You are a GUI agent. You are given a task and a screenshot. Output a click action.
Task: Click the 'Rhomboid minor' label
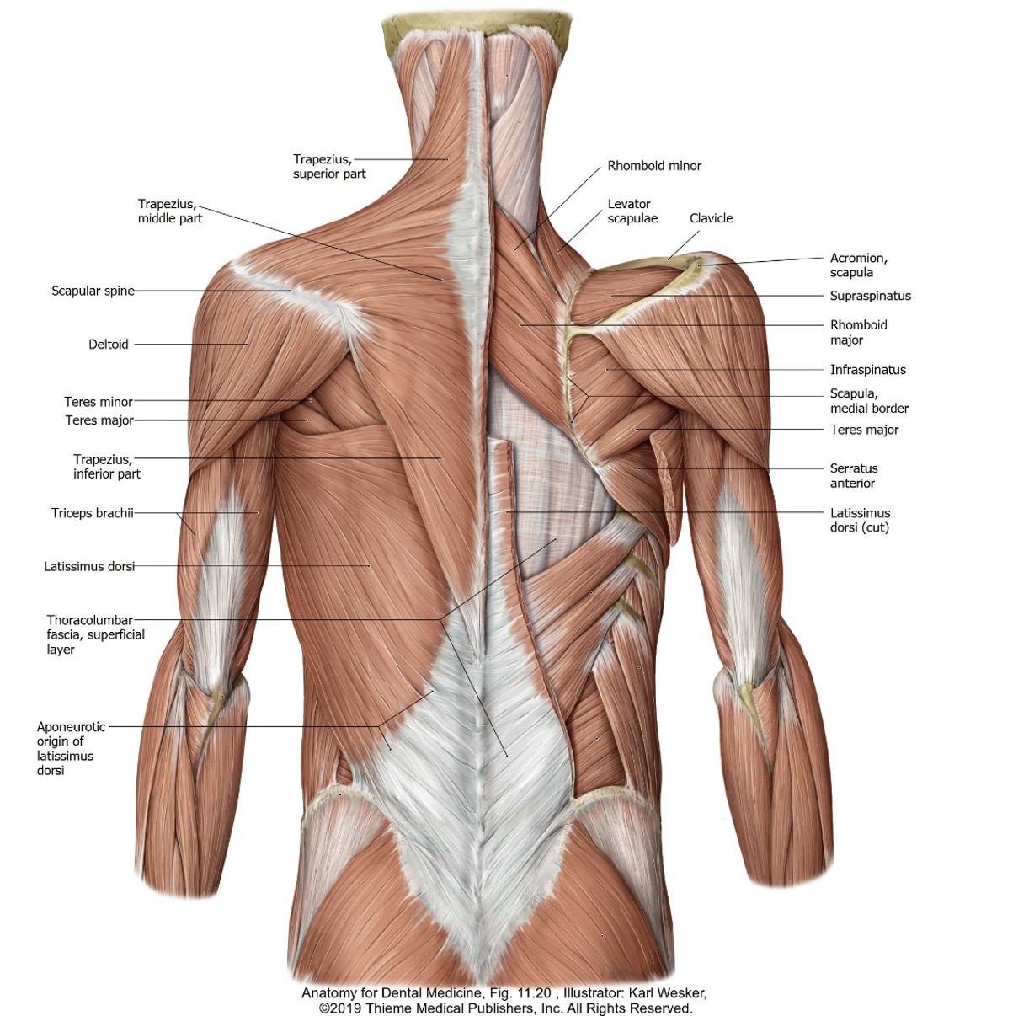(654, 166)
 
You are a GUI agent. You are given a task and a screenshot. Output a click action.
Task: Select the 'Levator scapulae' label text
(632, 211)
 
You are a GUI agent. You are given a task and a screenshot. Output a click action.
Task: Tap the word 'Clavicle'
(711, 218)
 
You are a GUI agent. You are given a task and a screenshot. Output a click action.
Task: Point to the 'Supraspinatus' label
(870, 296)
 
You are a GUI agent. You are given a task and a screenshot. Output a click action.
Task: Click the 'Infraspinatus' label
(867, 369)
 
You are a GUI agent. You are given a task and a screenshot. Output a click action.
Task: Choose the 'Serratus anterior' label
(853, 475)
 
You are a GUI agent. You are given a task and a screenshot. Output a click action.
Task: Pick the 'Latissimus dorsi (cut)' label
(860, 520)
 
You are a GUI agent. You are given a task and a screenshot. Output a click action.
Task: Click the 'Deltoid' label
(109, 344)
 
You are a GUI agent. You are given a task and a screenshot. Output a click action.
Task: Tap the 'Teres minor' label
(99, 402)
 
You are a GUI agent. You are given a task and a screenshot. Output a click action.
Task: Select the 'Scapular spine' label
(93, 291)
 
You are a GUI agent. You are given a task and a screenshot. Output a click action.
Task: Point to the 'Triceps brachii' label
(93, 512)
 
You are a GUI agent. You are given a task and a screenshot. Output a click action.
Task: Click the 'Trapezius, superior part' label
(329, 166)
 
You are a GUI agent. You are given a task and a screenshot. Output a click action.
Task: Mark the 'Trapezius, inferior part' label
(107, 466)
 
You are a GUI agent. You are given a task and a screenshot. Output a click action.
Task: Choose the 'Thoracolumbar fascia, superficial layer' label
(95, 634)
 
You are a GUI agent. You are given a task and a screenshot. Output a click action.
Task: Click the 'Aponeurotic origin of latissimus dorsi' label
(71, 748)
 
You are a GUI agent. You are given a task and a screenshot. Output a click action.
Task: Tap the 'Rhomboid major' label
(858, 332)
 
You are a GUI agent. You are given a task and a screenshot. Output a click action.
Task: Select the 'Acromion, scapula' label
(858, 265)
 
